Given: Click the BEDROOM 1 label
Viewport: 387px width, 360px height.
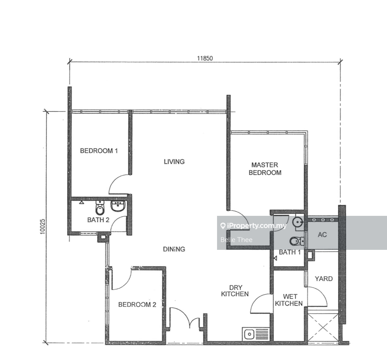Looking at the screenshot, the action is click(99, 150).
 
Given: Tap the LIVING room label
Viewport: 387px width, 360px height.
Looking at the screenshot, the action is click(174, 162).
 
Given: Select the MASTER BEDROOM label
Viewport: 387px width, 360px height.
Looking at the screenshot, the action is click(265, 168).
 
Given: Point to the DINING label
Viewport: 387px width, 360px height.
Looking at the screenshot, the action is click(174, 249).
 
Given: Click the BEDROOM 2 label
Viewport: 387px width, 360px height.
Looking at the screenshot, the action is click(137, 304).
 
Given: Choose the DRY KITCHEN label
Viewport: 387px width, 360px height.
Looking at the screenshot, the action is click(235, 291).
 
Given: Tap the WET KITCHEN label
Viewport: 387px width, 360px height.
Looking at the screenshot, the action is click(289, 300).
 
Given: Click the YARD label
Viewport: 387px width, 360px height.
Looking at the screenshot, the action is click(324, 279).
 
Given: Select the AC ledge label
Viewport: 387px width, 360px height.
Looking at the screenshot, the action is click(322, 235).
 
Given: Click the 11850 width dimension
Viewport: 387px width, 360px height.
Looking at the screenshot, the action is click(205, 58).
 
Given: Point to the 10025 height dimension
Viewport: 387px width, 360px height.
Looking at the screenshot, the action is click(43, 227).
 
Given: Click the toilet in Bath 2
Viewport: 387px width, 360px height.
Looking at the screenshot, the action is click(100, 208).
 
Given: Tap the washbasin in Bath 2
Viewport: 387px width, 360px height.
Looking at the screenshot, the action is click(118, 206).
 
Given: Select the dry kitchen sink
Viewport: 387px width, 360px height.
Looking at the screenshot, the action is click(256, 334).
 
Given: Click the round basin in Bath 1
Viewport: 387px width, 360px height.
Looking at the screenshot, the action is click(298, 222).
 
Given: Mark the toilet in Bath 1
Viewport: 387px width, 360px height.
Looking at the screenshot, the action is click(297, 241).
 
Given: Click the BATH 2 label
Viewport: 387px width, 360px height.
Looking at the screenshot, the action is click(98, 220).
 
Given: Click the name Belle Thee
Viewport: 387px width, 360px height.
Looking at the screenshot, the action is click(236, 240).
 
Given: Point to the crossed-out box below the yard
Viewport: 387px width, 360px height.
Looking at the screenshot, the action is click(323, 328).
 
